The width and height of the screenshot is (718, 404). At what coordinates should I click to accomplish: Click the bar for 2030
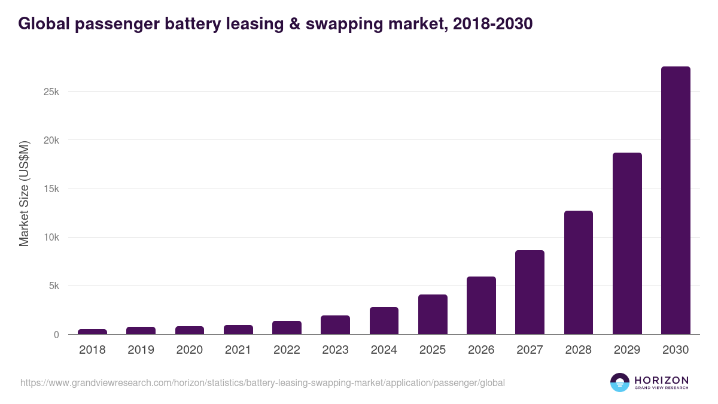[x=676, y=201]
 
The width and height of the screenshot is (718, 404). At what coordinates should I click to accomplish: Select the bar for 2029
[x=627, y=244]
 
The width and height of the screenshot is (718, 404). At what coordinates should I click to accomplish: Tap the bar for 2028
[x=578, y=272]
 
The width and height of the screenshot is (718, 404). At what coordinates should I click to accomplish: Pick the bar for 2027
[x=530, y=292]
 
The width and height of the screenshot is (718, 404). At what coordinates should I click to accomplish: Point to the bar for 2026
[x=481, y=305]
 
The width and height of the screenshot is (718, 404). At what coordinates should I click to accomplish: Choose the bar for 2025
[x=433, y=314]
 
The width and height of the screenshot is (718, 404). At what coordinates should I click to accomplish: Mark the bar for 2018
[x=92, y=332]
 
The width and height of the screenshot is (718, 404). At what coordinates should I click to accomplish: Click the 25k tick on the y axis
[x=50, y=92]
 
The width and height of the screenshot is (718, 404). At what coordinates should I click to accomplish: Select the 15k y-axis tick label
[x=50, y=189]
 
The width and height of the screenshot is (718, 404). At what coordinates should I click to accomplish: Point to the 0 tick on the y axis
[x=56, y=335]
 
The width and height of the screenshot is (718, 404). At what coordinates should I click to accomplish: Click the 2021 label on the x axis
[x=238, y=350]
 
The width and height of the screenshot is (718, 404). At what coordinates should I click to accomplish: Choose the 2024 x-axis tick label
[x=384, y=350]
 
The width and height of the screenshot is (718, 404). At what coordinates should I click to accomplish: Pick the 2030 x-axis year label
[x=676, y=350]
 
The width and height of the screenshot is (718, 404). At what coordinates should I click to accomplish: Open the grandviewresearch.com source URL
[x=263, y=382]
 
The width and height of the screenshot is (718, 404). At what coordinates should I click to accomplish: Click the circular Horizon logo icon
[x=620, y=382]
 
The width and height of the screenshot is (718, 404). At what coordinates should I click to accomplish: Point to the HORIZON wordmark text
[x=661, y=380]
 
